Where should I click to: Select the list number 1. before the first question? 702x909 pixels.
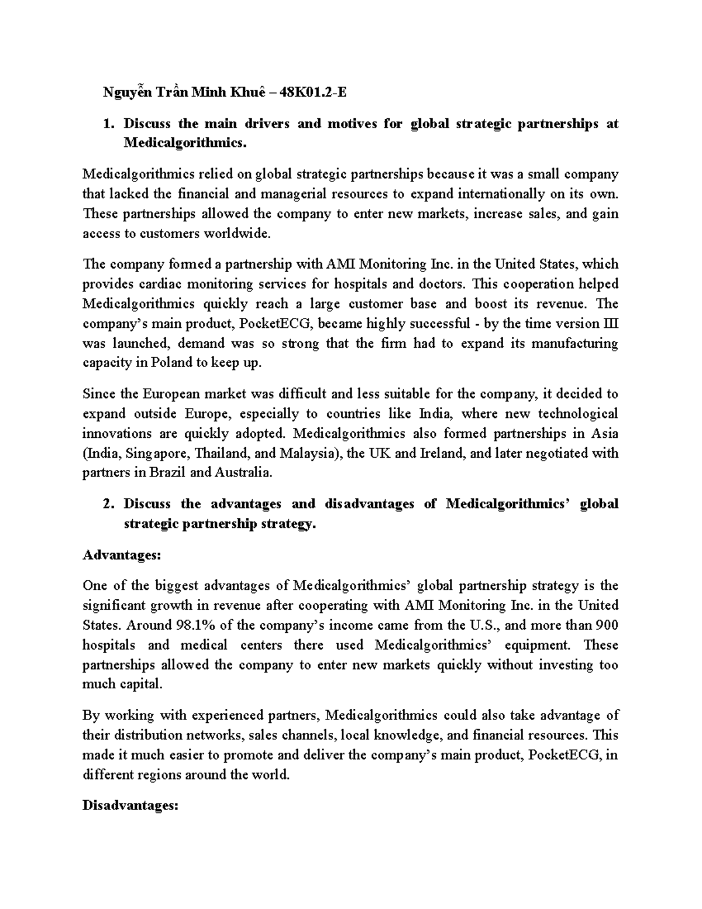point(107,124)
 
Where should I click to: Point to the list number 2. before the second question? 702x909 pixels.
point(107,504)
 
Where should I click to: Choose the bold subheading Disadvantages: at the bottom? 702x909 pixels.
point(130,806)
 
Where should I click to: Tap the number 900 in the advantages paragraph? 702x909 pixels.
point(607,625)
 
